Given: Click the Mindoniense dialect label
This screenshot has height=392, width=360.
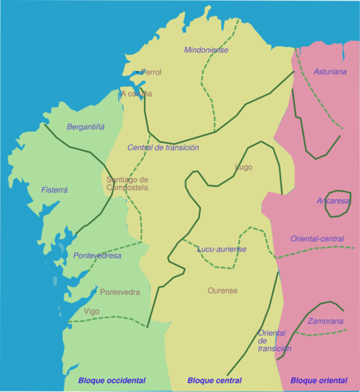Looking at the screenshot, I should (206, 50).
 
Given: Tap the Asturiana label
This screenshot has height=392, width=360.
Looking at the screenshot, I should (331, 72).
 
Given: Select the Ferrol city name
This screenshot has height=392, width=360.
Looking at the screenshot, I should (149, 73).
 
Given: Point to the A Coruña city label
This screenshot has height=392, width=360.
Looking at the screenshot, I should (136, 94).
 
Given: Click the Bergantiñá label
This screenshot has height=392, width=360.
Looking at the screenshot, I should (85, 127).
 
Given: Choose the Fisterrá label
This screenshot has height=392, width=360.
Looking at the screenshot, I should (55, 190).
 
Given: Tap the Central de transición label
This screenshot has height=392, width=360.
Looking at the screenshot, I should (163, 148).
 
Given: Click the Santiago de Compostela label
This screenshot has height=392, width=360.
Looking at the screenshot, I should (127, 183).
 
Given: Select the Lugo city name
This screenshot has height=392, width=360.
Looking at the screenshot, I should (244, 167).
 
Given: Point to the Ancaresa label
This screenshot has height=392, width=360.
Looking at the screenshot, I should (333, 201).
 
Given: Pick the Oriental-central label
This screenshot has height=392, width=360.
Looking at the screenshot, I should (317, 240).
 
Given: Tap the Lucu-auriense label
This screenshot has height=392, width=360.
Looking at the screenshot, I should (222, 249).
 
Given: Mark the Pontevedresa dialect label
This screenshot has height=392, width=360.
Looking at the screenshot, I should (97, 256).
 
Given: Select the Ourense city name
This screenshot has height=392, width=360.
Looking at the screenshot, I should (223, 291).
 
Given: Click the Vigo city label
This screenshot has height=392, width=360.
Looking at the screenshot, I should (91, 311).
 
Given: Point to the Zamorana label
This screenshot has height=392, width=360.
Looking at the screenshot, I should (325, 321).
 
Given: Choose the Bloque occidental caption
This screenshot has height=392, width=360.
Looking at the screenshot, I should (112, 381).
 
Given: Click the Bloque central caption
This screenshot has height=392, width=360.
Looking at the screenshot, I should (214, 381).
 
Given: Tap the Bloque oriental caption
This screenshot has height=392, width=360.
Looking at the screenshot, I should (319, 381).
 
